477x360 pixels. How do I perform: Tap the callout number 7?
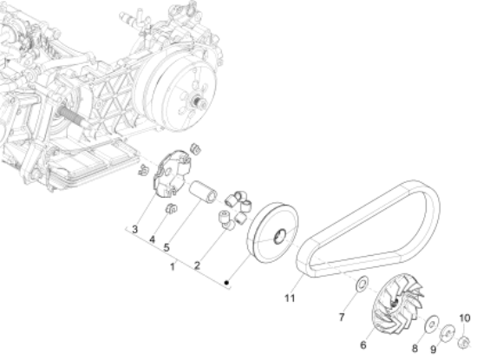point(341,304)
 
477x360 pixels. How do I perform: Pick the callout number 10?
point(463,317)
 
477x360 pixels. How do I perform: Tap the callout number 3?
point(134,229)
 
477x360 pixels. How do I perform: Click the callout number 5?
point(167,246)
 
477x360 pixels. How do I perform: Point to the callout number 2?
point(197,265)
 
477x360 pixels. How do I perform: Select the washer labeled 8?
point(428,324)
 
